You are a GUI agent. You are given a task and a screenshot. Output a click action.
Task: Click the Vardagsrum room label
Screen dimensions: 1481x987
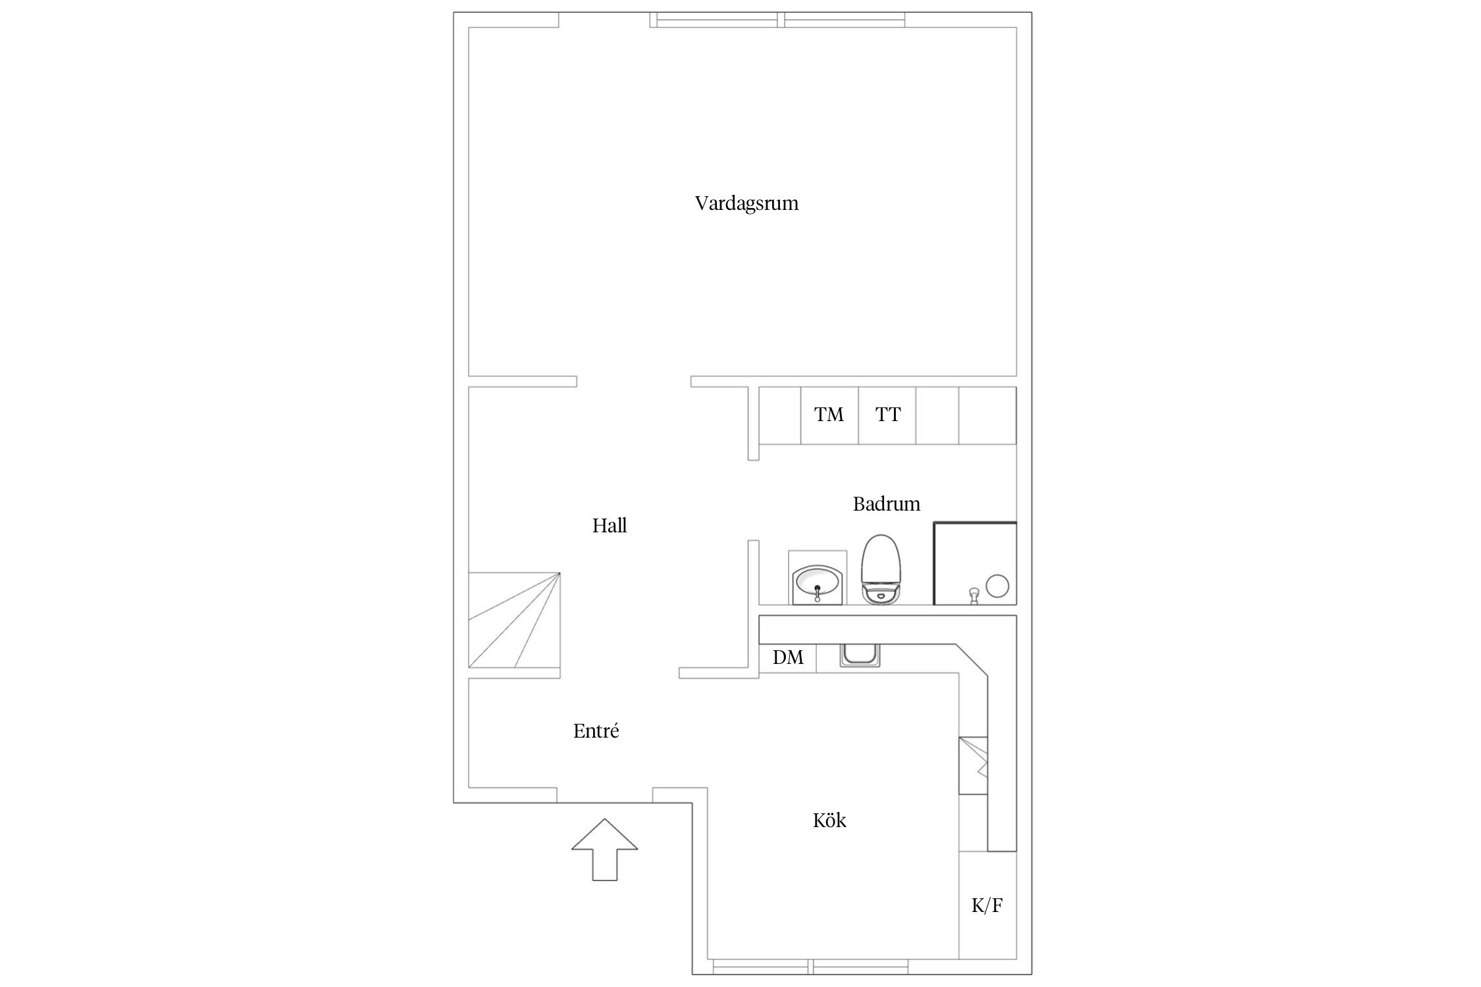746,203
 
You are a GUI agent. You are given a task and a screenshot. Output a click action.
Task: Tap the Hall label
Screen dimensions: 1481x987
610,526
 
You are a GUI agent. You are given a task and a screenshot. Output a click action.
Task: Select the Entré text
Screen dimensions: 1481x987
596,731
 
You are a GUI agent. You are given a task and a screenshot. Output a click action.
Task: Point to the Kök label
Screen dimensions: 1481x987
829,820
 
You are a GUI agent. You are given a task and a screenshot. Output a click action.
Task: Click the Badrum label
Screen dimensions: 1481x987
887,504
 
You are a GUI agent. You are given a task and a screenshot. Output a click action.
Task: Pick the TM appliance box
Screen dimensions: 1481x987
829,415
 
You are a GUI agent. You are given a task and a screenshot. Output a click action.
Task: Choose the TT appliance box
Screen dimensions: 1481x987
887,415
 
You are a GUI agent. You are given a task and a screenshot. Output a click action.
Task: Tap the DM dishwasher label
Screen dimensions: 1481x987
788,657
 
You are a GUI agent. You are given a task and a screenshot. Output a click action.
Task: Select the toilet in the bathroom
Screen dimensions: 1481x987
881,570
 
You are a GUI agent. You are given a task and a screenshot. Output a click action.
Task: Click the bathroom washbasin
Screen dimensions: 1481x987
817,583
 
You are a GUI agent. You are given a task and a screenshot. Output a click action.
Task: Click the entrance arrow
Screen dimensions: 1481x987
604,849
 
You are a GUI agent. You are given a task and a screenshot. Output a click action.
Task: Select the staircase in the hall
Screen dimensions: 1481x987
514,620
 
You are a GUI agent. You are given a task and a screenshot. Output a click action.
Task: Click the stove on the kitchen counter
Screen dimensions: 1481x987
974,765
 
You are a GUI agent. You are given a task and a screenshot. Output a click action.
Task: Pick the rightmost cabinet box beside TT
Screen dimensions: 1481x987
987,415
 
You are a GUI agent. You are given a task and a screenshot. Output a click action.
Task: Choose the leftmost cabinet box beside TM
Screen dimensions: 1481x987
780,415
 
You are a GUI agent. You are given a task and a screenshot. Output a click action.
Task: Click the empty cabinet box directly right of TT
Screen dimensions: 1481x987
937,415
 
